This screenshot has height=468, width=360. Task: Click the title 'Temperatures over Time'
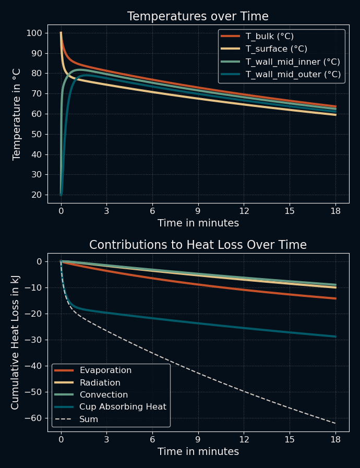(198, 17)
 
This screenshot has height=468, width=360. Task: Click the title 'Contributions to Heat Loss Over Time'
(198, 245)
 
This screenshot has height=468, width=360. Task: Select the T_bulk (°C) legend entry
(269, 37)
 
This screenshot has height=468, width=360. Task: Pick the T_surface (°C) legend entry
(274, 49)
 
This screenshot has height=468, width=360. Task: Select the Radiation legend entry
(100, 383)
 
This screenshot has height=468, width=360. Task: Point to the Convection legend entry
(103, 395)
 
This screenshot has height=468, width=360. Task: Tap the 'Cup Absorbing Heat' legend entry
(123, 407)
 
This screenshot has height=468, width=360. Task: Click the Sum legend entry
(88, 419)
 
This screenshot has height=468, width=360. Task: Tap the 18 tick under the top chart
(335, 211)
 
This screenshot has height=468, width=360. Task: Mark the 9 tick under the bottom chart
(198, 440)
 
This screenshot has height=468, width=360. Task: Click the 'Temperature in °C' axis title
(17, 114)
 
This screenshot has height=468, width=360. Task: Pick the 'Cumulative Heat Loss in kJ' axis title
(16, 342)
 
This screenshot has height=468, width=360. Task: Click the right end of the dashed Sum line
(335, 423)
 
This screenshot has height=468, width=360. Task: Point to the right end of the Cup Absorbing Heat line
(335, 337)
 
